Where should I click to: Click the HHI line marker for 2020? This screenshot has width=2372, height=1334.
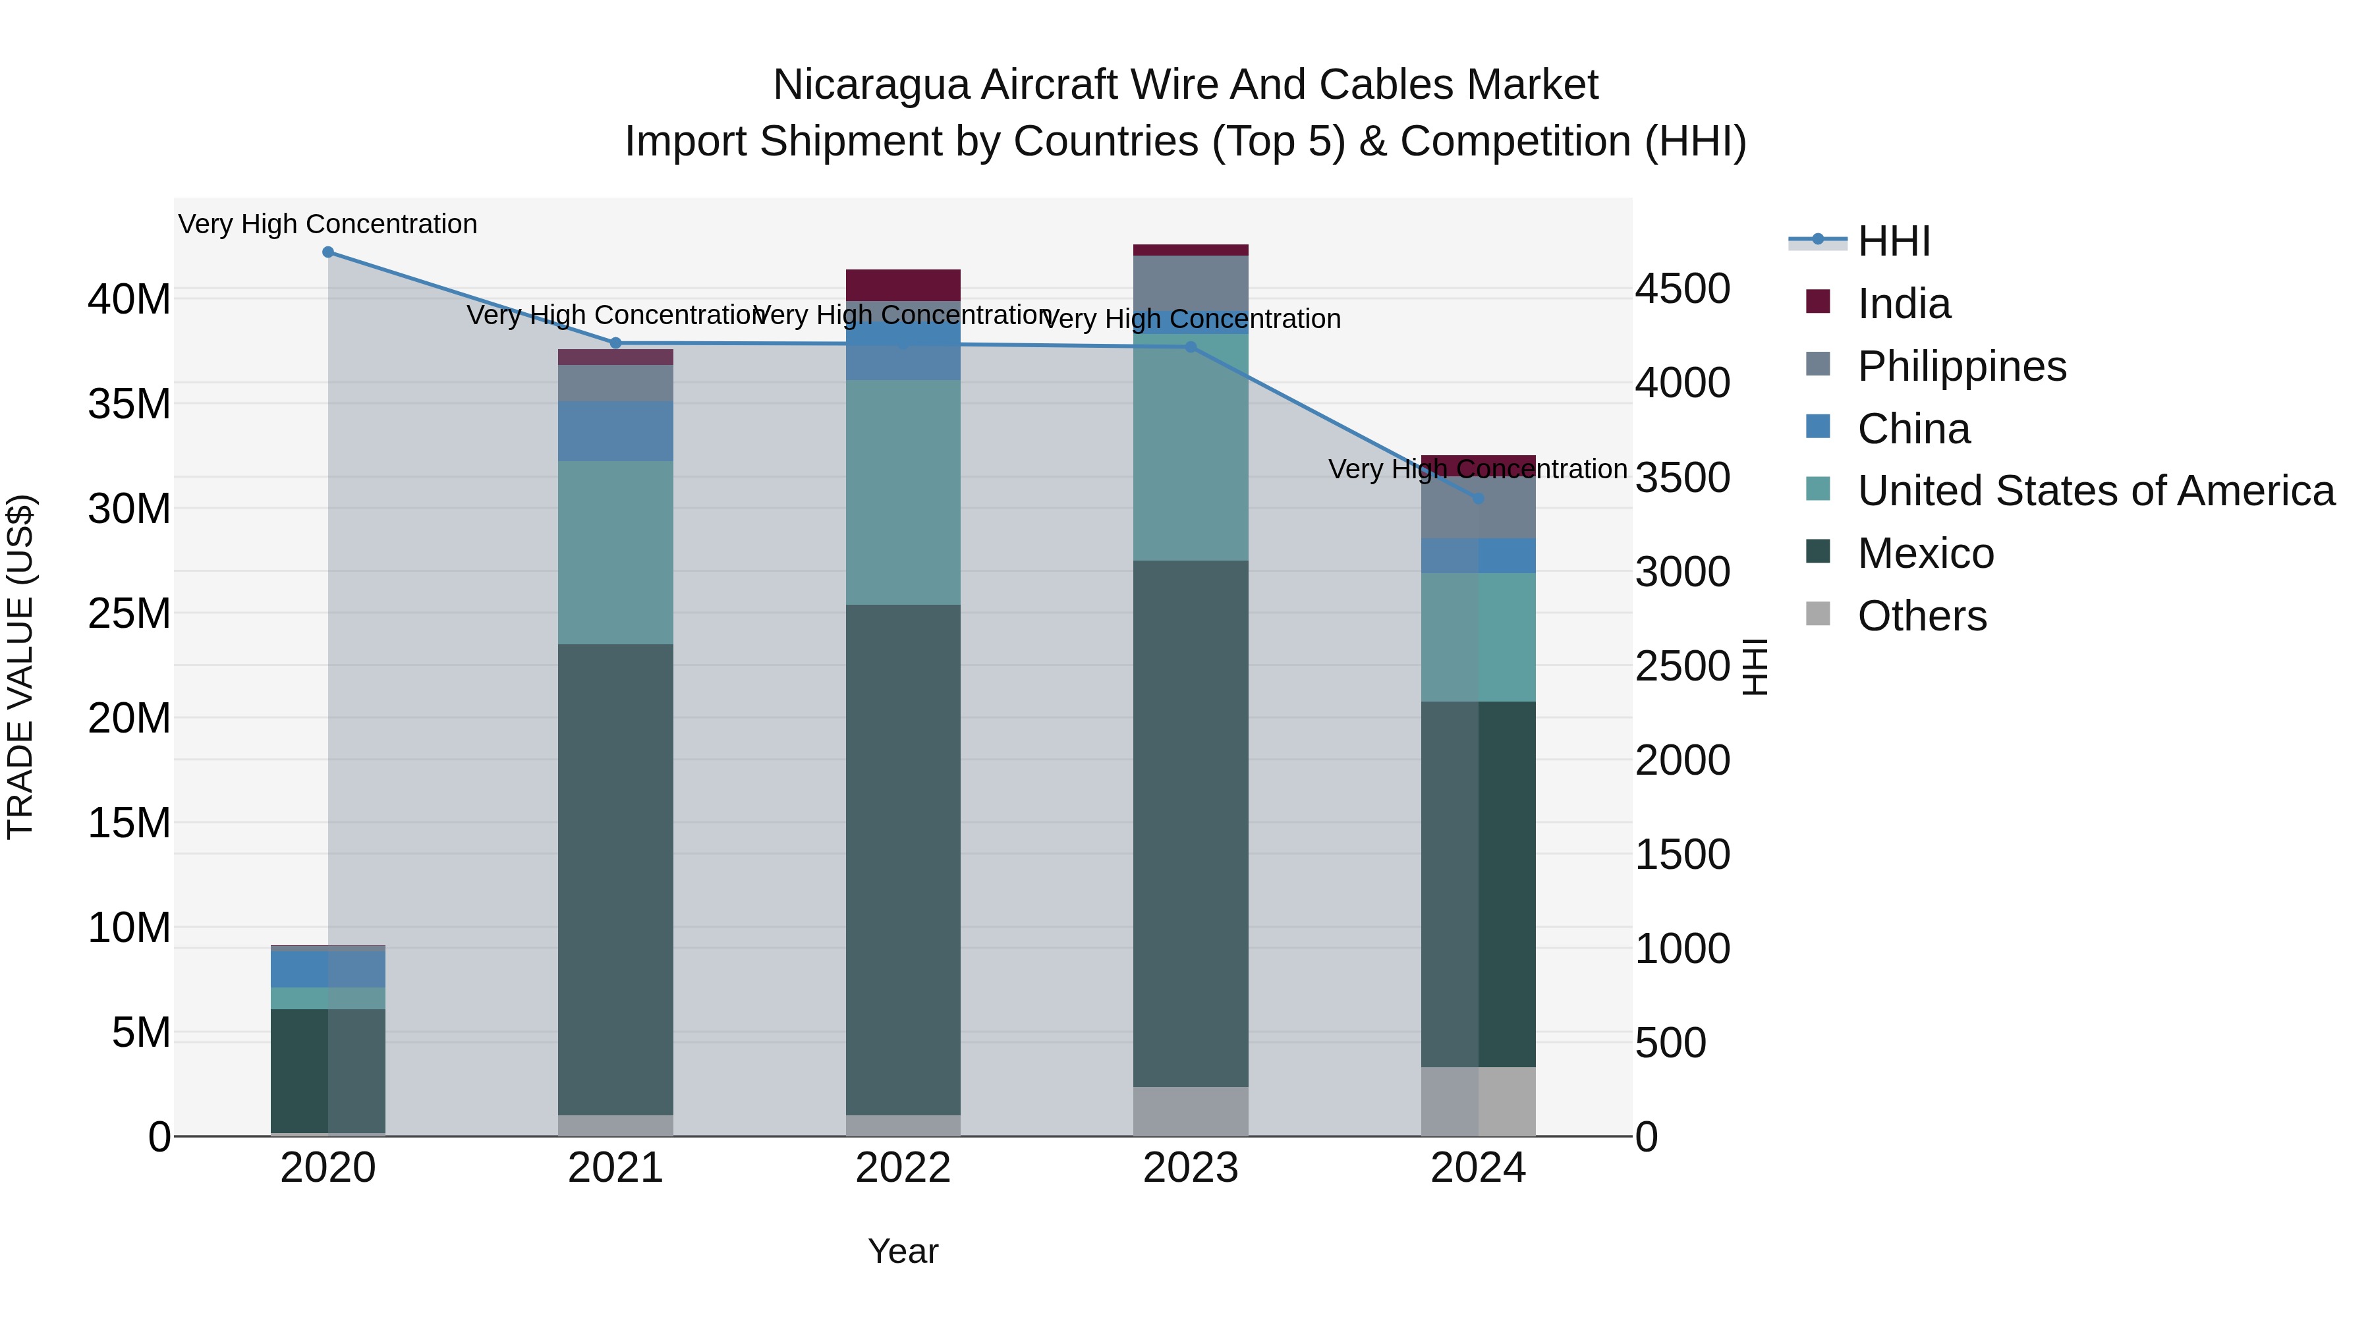[x=328, y=252]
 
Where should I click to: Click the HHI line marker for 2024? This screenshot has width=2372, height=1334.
[x=1479, y=498]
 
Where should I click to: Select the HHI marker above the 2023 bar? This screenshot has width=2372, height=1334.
[x=1191, y=347]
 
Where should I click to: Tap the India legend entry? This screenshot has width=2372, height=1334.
[x=1904, y=304]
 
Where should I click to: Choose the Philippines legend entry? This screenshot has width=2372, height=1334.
[x=1962, y=366]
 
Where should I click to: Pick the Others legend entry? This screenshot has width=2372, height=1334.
[x=1922, y=616]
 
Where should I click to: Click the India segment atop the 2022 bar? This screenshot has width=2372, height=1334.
[x=903, y=285]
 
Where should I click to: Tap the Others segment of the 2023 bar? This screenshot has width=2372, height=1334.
[x=1191, y=1111]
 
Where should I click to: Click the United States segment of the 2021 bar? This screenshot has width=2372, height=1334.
[x=616, y=553]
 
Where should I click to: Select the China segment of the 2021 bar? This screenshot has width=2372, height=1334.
[x=616, y=431]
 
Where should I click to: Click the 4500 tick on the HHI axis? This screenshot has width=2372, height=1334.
[x=1682, y=289]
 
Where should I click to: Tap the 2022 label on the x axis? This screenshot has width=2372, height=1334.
[x=903, y=1168]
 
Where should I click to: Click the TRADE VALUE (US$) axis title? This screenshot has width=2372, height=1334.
[x=20, y=667]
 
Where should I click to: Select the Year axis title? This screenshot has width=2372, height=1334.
[x=903, y=1251]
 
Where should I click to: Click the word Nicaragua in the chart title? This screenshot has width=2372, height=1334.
[x=870, y=85]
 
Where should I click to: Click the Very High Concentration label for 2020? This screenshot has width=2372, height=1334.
[x=328, y=224]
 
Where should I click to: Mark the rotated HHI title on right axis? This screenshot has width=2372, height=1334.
[x=1755, y=667]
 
